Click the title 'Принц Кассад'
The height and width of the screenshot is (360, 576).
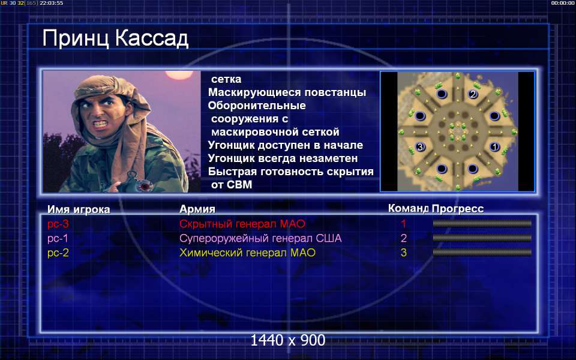[x=115, y=38]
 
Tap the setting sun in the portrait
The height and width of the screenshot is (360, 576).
[x=179, y=75]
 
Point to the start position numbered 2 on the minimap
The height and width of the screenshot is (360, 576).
[x=473, y=94]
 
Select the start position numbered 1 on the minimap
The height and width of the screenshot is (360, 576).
[x=494, y=147]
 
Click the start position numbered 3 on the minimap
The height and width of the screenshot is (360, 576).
[x=420, y=147]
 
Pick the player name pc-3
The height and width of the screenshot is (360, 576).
[x=58, y=224]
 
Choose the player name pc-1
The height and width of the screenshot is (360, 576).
[x=58, y=238]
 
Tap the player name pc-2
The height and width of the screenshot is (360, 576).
[x=58, y=253]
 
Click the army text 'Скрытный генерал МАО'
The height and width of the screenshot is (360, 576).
[x=242, y=224]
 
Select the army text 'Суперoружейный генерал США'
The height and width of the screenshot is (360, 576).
[x=260, y=238]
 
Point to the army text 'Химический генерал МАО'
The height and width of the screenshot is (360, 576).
[x=247, y=253]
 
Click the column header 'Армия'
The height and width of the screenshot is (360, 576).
[x=197, y=209]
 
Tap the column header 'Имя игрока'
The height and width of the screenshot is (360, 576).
[x=79, y=209]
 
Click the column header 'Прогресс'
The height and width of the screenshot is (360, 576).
[x=458, y=209]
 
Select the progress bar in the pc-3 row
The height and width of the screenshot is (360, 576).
[x=482, y=223]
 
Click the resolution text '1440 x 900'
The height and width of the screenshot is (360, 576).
[x=287, y=340]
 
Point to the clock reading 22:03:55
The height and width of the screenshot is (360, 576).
[x=51, y=3]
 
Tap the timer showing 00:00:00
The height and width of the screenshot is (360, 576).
[x=562, y=3]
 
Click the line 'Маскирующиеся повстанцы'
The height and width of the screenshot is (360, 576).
[x=287, y=92]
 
